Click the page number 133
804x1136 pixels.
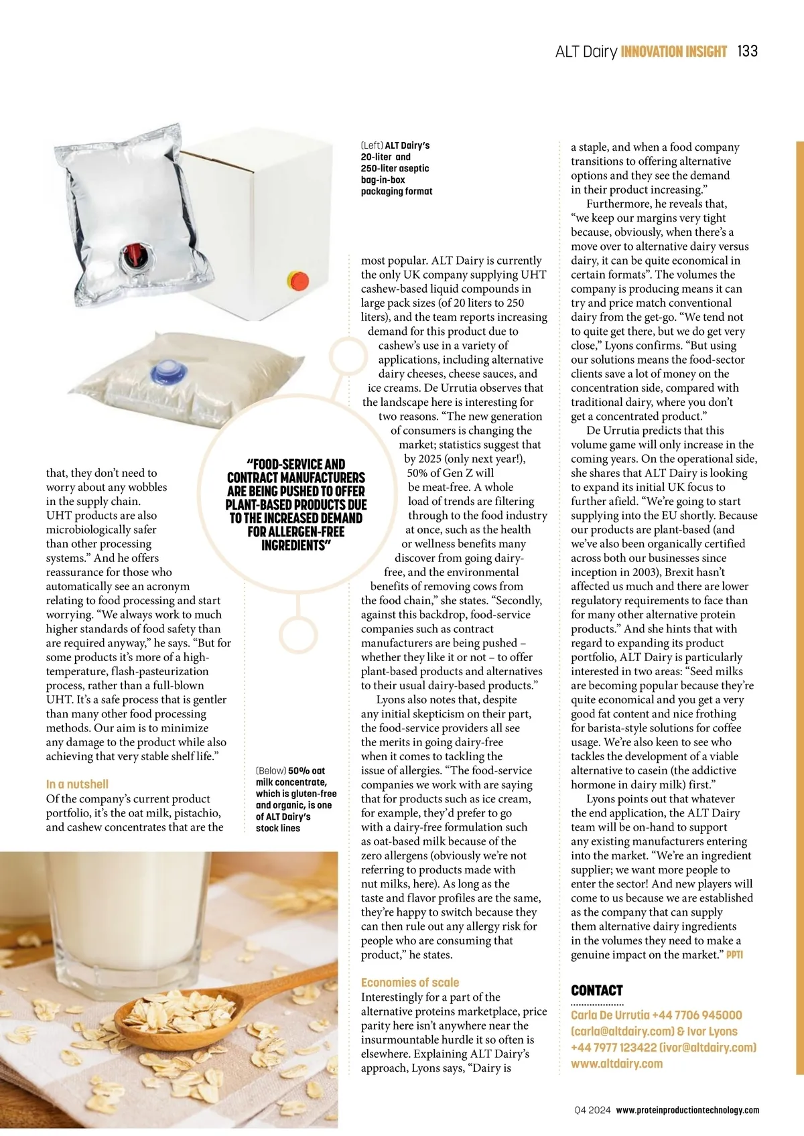747,52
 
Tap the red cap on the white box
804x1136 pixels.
297,279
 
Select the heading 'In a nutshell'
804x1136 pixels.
77,784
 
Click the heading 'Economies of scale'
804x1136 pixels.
410,983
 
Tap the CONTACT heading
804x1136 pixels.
597,991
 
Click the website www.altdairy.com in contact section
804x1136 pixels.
616,1064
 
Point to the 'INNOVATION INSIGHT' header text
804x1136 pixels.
674,52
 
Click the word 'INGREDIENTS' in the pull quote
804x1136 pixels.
296,545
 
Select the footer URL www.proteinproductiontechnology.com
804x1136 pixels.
687,1111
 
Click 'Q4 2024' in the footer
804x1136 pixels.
592,1111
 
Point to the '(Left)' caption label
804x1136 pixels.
372,145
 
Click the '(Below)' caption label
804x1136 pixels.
271,771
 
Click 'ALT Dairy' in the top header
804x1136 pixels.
586,52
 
